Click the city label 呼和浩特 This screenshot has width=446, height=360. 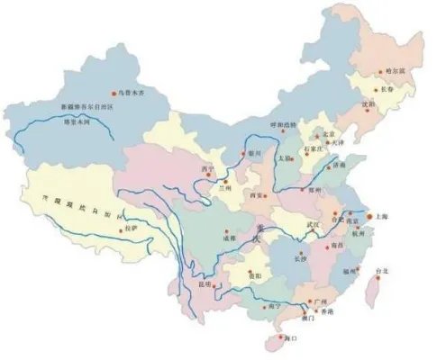tap(285, 124)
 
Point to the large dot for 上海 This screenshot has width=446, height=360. tap(346, 217)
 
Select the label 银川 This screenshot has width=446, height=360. tap(255, 153)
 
